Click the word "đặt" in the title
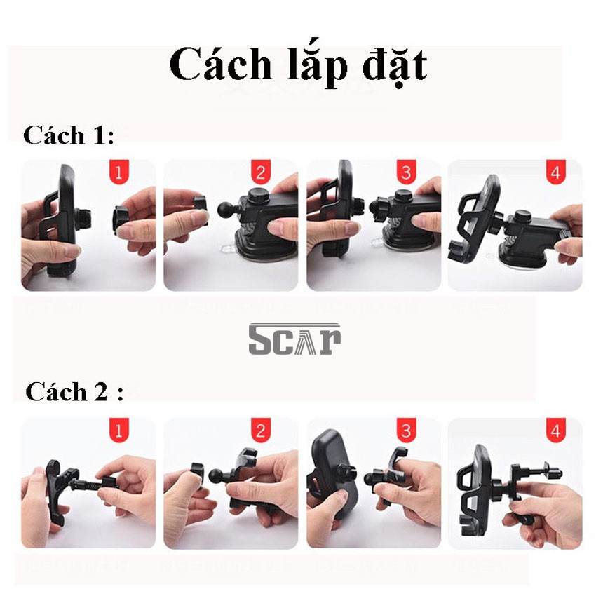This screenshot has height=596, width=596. click(395, 66)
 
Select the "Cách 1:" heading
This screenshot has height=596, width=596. click(69, 135)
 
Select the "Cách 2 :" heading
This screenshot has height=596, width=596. click(74, 391)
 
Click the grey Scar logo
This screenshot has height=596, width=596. click(294, 339)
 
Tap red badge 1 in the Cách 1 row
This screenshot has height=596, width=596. click(119, 172)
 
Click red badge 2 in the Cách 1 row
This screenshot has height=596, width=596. click(261, 172)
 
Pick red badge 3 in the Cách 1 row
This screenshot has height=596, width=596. click(406, 172)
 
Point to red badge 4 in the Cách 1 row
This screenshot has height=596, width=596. click(556, 172)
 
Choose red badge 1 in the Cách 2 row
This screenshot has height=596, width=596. click(119, 431)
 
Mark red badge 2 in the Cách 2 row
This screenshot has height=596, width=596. click(261, 431)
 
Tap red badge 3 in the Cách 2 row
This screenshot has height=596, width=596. click(406, 431)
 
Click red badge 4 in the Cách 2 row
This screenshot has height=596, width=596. click(556, 431)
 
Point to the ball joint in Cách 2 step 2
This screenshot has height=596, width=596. click(217, 476)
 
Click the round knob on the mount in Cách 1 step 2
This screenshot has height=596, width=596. click(258, 196)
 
